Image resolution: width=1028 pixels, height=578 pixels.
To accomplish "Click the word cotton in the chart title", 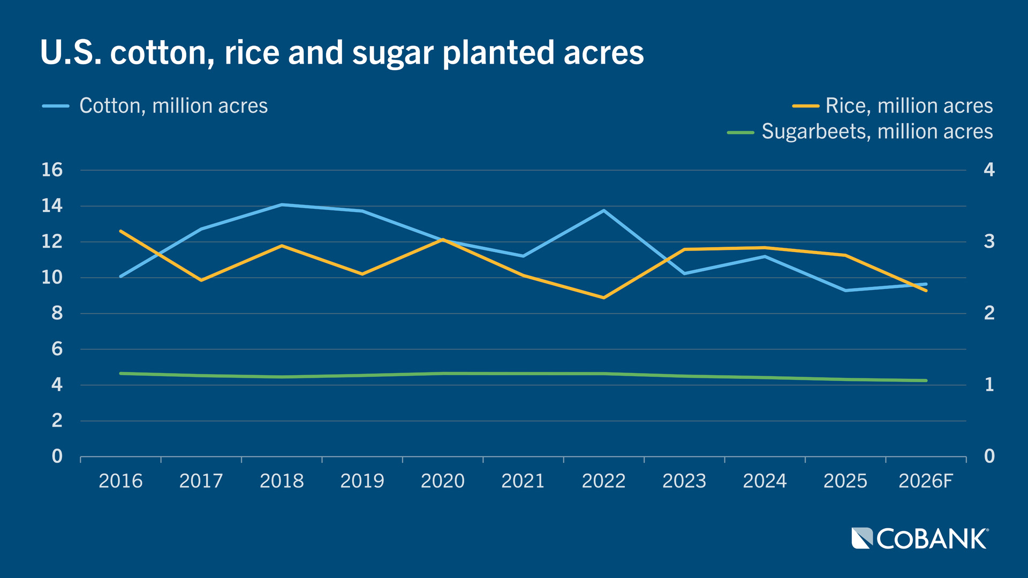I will point(162,53).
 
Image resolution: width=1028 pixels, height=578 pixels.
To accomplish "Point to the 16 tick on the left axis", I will point(52,170).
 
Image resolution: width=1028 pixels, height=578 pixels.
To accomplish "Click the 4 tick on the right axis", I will point(989,170).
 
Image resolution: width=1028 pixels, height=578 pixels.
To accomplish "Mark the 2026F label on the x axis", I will point(926,481).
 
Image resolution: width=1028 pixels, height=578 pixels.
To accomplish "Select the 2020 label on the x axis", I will point(442,481).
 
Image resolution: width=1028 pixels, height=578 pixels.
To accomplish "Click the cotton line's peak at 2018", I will point(282,204).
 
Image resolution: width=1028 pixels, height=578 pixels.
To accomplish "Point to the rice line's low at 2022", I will point(604,298).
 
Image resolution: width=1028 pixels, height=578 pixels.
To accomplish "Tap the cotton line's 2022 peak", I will point(604,210).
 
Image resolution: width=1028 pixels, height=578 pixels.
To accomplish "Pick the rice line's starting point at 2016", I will point(121,231).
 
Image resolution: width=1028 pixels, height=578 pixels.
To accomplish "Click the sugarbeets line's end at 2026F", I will point(926,381).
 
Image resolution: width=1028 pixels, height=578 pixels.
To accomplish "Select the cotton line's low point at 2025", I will point(845,291).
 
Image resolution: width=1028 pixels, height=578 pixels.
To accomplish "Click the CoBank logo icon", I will point(862,538).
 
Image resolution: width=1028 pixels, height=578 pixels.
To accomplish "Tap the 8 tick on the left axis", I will point(57,314).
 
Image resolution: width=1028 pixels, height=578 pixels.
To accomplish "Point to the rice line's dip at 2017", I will point(201,280).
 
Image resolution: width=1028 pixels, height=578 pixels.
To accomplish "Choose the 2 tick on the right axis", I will point(989,314).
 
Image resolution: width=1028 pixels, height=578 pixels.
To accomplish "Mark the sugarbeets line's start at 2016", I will point(121,374).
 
